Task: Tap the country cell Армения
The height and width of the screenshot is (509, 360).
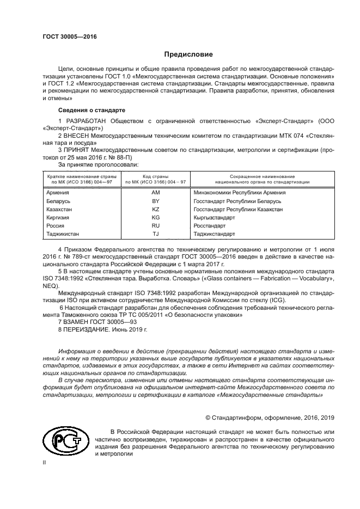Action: click(58, 193)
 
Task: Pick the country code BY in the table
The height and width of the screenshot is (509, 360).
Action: click(155, 201)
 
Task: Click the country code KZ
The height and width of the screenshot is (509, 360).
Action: click(155, 209)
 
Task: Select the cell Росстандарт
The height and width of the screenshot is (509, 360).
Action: click(210, 225)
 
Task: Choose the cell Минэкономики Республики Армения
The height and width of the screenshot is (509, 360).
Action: click(240, 193)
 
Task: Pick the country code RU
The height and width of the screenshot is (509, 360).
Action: click(155, 225)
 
